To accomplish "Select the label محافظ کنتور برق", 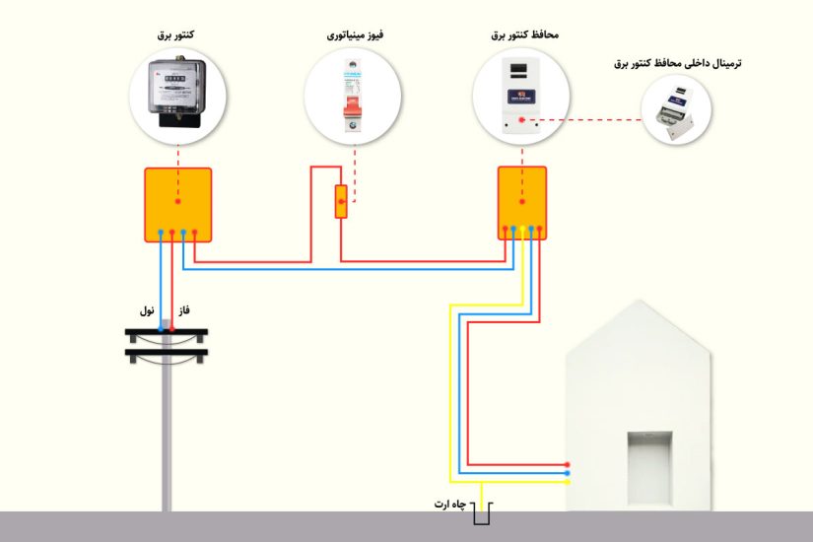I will [x=524, y=34].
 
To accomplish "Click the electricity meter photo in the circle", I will [x=177, y=93].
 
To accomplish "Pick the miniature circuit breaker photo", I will [x=353, y=93].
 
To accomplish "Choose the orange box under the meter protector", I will [x=521, y=203].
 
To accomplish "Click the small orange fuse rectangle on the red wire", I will [x=341, y=202].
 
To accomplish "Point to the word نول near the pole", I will [x=148, y=310].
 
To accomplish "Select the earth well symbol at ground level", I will [x=482, y=513].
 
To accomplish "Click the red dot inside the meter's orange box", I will [x=178, y=201].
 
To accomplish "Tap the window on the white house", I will [x=651, y=461].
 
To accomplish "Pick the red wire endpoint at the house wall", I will [x=568, y=464].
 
